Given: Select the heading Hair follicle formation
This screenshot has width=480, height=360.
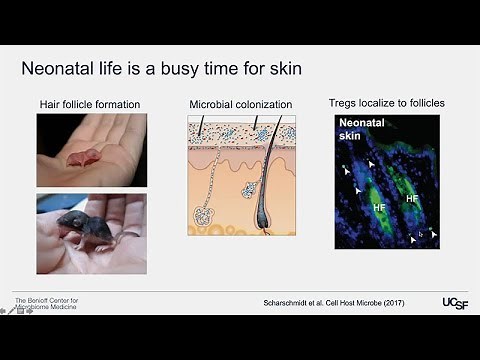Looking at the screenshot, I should tap(91, 103).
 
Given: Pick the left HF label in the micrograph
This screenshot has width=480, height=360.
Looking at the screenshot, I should tap(379, 206).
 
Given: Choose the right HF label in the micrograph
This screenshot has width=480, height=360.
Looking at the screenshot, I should tap(411, 198).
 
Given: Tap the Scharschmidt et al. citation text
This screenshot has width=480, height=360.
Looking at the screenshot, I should tap(300, 301).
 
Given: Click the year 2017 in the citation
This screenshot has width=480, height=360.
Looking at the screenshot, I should tap(416, 301).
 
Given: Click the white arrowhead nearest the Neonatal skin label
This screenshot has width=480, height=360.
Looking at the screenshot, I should tap(372, 162).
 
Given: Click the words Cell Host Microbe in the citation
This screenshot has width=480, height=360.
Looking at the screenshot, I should tap(366, 301).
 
